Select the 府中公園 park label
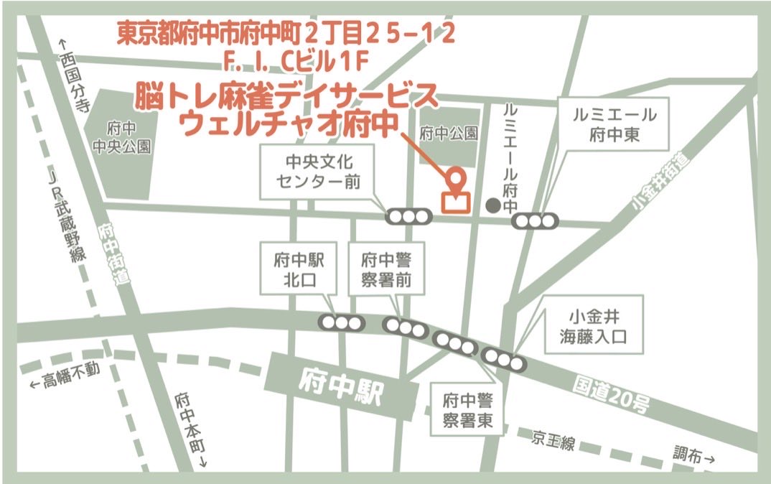[449, 133]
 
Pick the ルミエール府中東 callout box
[614, 124]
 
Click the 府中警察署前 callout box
[385, 268]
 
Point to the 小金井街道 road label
[659, 185]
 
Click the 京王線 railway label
[553, 439]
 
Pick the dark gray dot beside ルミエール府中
[492, 205]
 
